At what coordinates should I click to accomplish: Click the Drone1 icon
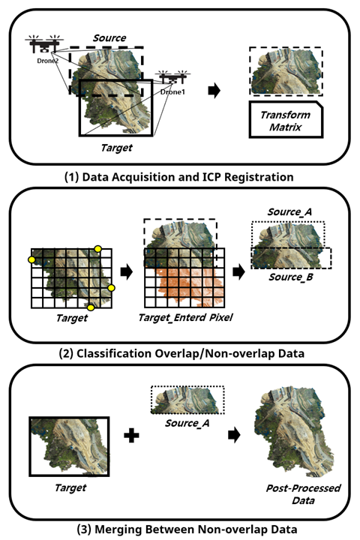click(x=172, y=79)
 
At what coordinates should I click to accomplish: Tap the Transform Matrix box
click(x=286, y=120)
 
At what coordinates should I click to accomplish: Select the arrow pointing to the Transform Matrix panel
click(x=214, y=91)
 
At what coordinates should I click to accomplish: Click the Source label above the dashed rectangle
click(x=109, y=38)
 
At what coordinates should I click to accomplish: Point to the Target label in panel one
click(x=116, y=148)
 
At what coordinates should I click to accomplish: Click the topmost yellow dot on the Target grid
click(x=97, y=249)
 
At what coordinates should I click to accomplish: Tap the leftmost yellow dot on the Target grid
click(x=31, y=259)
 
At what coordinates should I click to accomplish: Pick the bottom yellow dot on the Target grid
click(x=91, y=307)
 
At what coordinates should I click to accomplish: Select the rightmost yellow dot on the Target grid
click(x=111, y=287)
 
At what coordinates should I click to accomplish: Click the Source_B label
click(x=291, y=277)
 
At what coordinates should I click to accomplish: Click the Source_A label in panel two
click(x=289, y=211)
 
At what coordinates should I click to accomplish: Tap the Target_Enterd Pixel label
click(x=185, y=317)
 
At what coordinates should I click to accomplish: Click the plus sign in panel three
click(x=131, y=435)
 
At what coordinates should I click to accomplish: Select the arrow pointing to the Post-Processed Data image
click(x=234, y=435)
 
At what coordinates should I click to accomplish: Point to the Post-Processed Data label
click(x=303, y=494)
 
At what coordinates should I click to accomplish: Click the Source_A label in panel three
click(x=187, y=423)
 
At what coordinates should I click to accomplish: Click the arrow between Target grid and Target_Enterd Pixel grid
click(x=127, y=271)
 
